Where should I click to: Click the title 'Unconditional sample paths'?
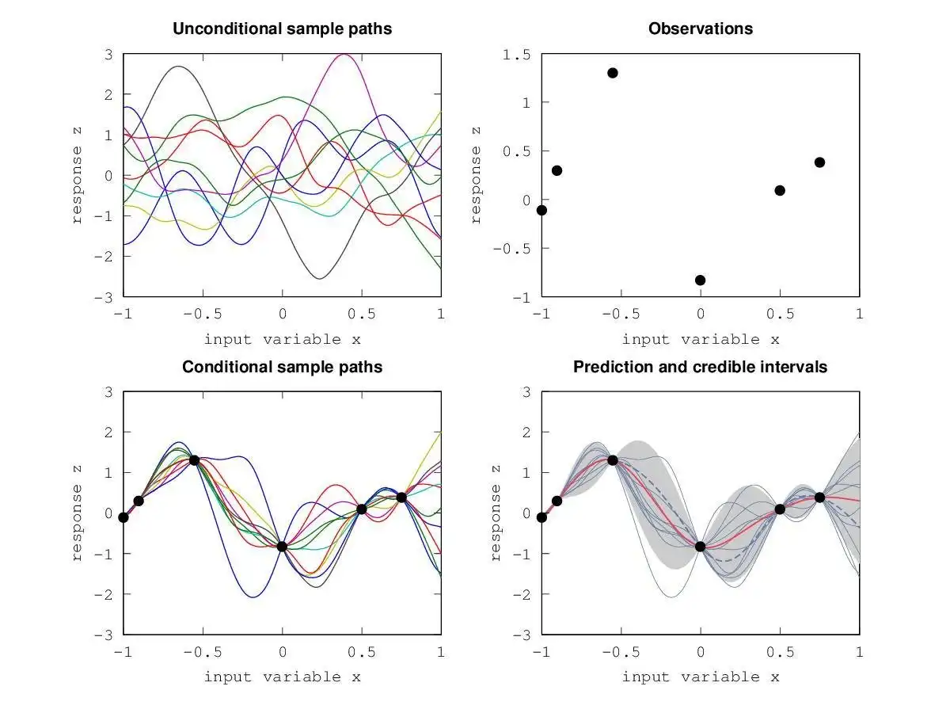click(x=282, y=29)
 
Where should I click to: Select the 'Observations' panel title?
click(x=700, y=29)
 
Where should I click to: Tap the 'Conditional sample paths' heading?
click(x=282, y=367)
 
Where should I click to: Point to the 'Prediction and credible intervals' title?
click(x=700, y=367)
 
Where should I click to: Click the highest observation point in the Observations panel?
click(x=612, y=73)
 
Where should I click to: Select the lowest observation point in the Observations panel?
click(x=700, y=280)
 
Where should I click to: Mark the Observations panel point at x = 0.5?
click(x=780, y=190)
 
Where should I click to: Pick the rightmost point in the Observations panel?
click(x=819, y=162)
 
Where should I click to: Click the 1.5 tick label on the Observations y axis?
click(x=519, y=55)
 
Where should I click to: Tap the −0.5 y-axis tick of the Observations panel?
click(x=515, y=248)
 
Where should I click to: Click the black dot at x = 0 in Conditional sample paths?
click(x=282, y=546)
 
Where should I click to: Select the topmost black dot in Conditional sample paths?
click(x=194, y=460)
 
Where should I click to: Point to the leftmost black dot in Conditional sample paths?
click(x=123, y=517)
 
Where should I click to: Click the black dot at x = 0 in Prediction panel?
click(x=700, y=546)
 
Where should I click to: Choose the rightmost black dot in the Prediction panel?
click(x=819, y=498)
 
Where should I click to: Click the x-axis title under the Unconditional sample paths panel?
click(x=282, y=339)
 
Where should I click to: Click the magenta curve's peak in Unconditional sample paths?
click(x=344, y=55)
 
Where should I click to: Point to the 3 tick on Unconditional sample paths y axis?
click(x=108, y=55)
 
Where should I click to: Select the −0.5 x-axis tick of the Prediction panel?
click(x=617, y=652)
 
